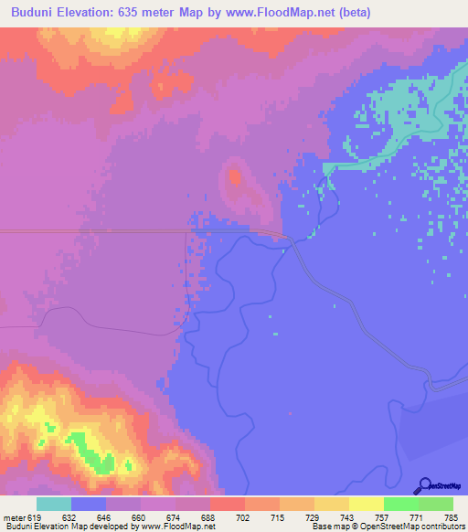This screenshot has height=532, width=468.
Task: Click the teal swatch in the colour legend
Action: (x=54, y=504)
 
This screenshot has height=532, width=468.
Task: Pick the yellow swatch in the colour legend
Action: (x=367, y=504)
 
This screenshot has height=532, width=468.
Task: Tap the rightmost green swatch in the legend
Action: (x=436, y=504)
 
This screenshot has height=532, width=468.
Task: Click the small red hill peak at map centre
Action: (x=235, y=176)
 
